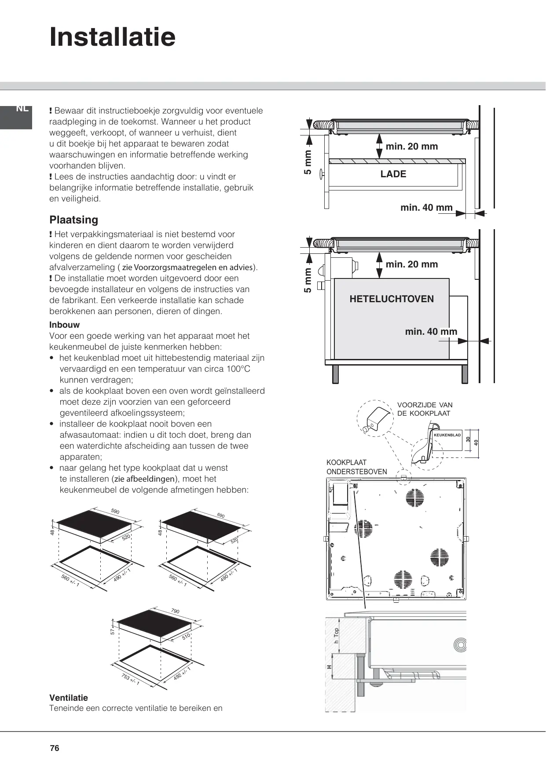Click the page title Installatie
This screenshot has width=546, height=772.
coord(113,37)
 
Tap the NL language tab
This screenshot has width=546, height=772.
coord(22,109)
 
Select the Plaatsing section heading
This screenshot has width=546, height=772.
coord(74,220)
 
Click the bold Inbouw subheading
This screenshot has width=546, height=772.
coord(65,325)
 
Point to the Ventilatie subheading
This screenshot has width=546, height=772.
coord(69,698)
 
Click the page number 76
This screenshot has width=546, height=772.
coord(55,748)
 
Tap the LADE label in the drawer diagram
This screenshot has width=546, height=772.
coord(393,174)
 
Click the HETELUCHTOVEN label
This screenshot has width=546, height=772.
coord(392,299)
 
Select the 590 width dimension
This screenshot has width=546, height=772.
coord(115,512)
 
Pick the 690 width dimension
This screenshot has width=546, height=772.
coord(221,516)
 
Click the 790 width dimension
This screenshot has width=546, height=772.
coord(175,611)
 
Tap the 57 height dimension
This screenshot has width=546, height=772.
coord(113,631)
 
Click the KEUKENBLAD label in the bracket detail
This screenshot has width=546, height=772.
coord(447,435)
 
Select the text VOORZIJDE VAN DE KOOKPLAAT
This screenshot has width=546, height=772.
coord(425,409)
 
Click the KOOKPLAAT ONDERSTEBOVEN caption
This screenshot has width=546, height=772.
coord(356,467)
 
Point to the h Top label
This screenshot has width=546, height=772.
coord(337,635)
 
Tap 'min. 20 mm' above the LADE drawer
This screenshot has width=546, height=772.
coord(412,146)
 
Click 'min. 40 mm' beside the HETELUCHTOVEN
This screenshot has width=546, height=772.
coord(431,332)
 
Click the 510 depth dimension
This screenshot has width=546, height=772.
coord(186,637)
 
